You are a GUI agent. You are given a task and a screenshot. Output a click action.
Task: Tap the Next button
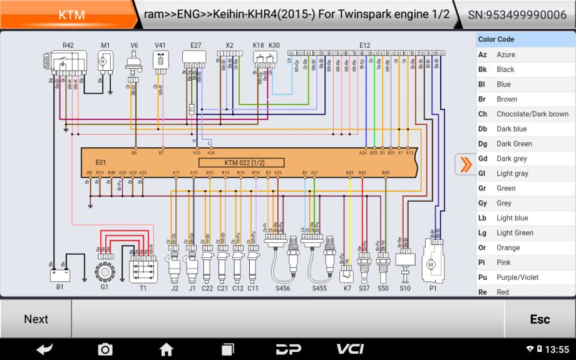[36, 319]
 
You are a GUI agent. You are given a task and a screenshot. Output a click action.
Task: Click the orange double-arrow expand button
[465, 165]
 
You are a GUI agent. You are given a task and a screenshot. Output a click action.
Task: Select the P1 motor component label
[433, 289]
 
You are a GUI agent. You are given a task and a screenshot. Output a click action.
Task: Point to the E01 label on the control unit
[101, 162]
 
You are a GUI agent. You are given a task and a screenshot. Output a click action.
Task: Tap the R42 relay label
[68, 45]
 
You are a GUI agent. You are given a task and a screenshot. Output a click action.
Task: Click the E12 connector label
[365, 45]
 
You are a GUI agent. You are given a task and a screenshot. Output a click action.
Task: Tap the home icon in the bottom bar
[166, 349]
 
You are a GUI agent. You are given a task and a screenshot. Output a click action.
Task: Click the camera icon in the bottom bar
[105, 349]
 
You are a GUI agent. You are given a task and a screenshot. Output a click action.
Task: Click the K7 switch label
[347, 289]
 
